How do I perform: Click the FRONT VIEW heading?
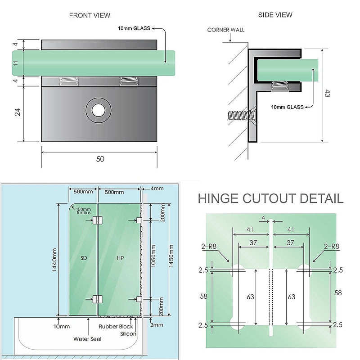(x=90, y=15)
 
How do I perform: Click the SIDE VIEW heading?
(x=275, y=15)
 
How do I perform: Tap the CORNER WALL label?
(x=226, y=30)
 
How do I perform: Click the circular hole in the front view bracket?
(x=98, y=110)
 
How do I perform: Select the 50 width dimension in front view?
(x=100, y=159)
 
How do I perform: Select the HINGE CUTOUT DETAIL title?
(x=270, y=198)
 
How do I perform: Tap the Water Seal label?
(x=87, y=338)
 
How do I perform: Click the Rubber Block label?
(x=117, y=327)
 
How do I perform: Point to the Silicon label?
(x=128, y=334)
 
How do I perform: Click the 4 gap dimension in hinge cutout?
(x=263, y=218)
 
